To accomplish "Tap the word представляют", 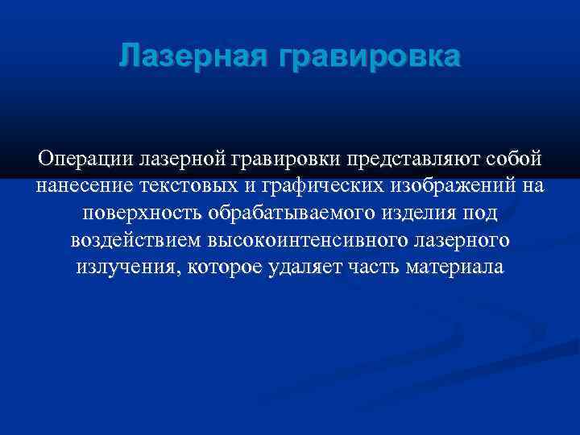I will point(413,158).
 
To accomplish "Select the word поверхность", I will point(142,213).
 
